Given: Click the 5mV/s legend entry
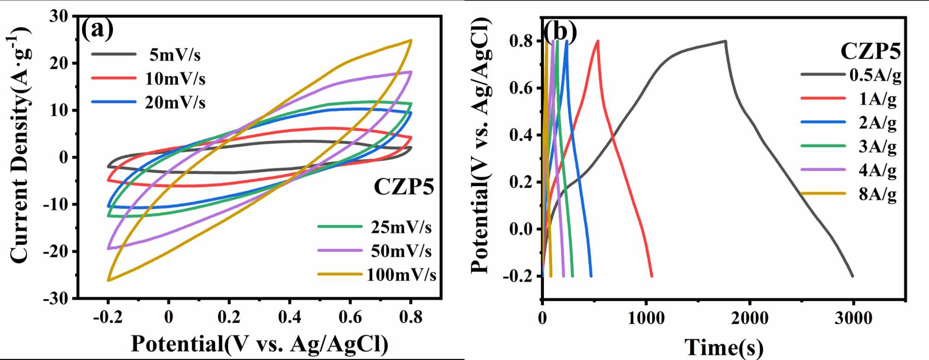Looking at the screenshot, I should point(175,55).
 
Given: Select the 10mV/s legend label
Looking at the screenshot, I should point(175,79).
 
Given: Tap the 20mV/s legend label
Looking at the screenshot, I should point(175,103).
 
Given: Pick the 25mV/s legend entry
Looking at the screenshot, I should point(401,227).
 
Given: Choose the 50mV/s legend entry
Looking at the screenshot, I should point(401,251).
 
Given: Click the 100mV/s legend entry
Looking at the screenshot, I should point(401,275).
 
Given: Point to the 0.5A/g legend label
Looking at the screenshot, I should point(875,75).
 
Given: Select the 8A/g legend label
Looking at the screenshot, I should point(877,194).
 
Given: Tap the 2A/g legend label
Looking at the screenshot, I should point(877,123).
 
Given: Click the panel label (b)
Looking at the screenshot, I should point(560,32).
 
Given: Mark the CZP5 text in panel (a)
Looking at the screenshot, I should point(404,187).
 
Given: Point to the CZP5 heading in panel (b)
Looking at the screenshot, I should point(870,51).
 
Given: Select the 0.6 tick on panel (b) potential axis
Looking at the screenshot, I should point(521,88).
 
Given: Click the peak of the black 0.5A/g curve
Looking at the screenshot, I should point(725,41).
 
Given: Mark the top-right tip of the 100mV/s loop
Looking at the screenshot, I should point(411,40).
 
